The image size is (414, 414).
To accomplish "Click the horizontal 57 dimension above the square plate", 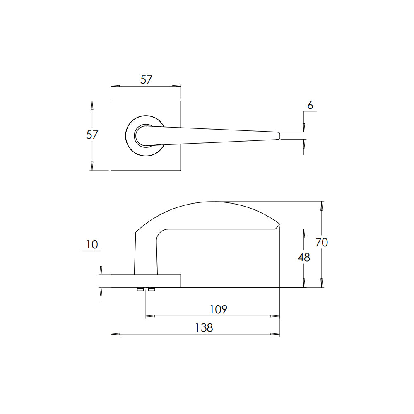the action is (x=146, y=80).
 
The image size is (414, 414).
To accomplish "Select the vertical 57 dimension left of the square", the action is (x=92, y=135).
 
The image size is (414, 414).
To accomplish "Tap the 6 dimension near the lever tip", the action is (x=310, y=105).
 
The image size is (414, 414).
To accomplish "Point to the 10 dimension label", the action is (x=92, y=245).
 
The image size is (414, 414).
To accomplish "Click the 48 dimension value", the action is (x=304, y=258).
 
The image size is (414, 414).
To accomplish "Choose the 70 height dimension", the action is (x=322, y=242).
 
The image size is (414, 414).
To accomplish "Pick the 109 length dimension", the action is (x=218, y=309).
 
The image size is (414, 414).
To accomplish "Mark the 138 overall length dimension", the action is (x=204, y=327).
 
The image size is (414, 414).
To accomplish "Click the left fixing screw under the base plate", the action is (x=140, y=289).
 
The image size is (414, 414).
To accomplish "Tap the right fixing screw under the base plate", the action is (x=151, y=289).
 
